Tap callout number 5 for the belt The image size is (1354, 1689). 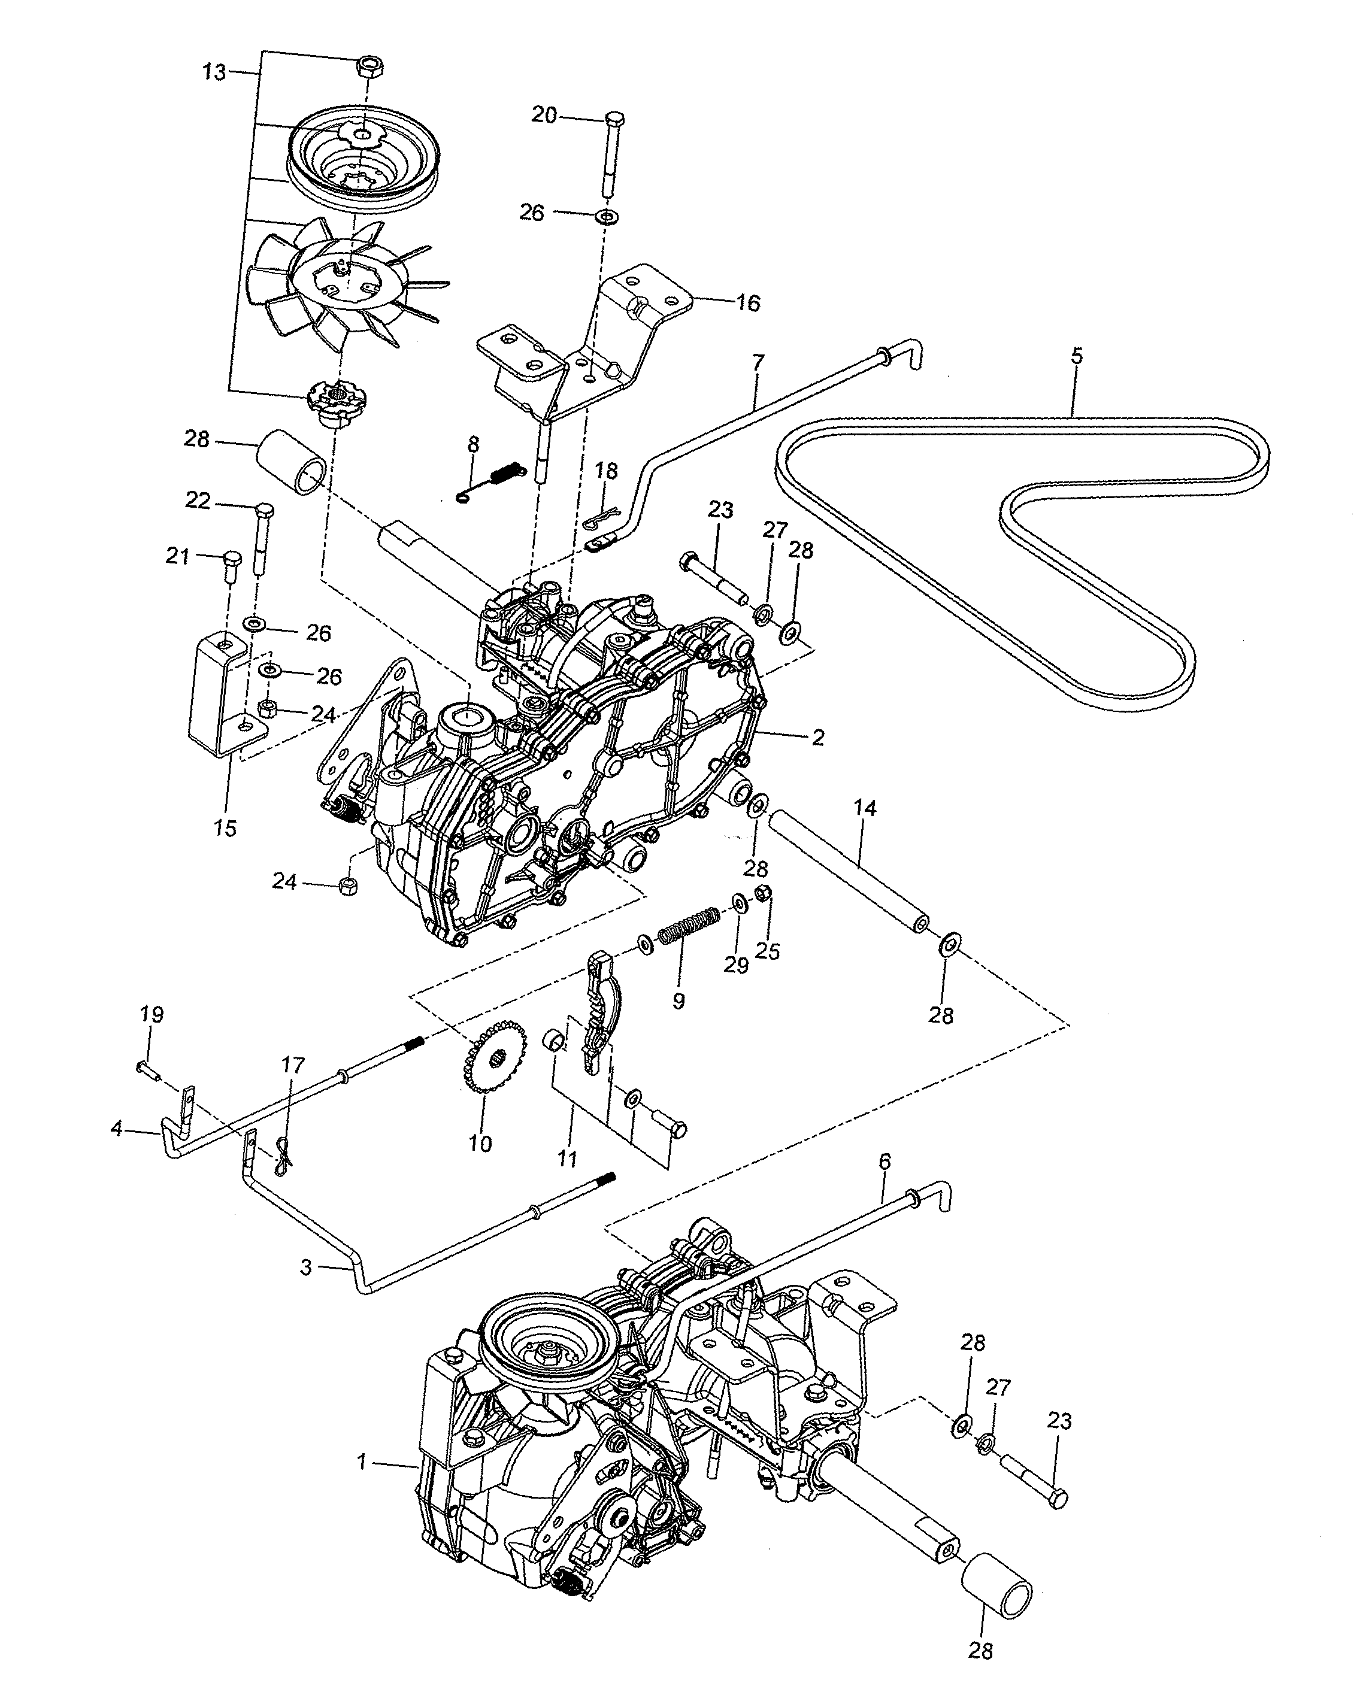(x=1077, y=356)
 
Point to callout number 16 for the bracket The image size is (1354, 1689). (x=749, y=303)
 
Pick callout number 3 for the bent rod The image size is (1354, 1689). (x=307, y=1267)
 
